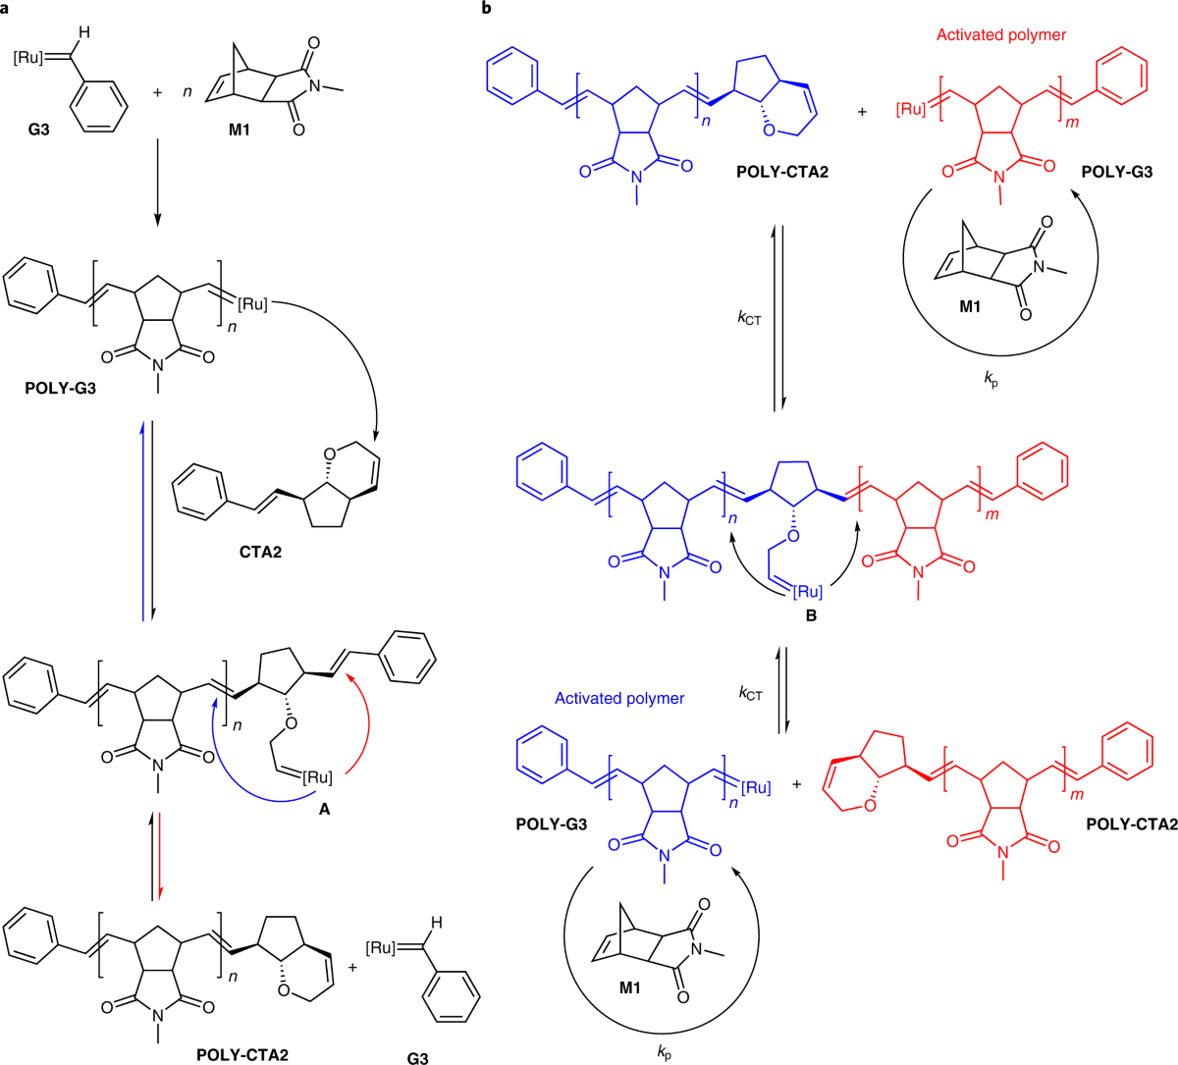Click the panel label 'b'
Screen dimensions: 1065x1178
[x=488, y=9]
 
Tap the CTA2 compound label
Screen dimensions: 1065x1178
[x=259, y=552]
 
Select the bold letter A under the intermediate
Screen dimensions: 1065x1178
[x=325, y=810]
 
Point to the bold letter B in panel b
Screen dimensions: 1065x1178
[x=811, y=615]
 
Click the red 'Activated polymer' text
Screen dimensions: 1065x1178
[x=1001, y=35]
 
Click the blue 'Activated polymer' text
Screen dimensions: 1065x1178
[x=619, y=698]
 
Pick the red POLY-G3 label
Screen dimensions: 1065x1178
[x=1117, y=172]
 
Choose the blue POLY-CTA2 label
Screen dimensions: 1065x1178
[x=781, y=172]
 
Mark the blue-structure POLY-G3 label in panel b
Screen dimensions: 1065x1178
[x=551, y=824]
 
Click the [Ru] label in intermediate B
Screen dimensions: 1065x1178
[x=806, y=592]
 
